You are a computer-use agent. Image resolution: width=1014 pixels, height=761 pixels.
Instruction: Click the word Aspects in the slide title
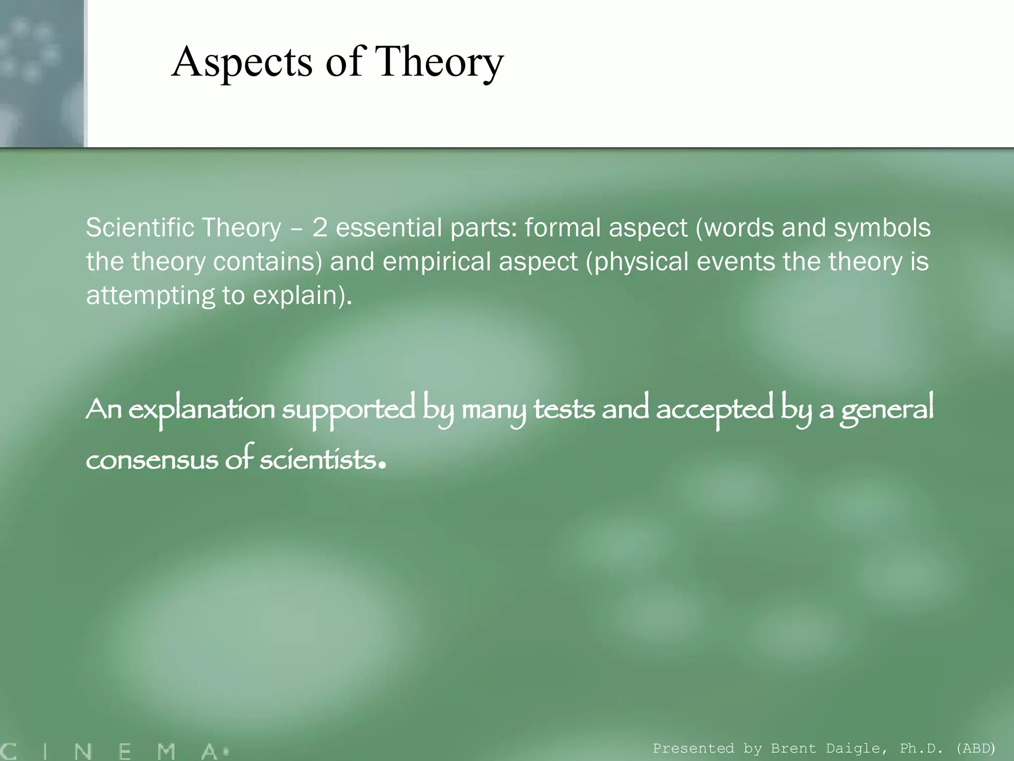tap(242, 63)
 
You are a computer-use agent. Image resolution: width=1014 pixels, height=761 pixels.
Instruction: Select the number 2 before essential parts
tap(319, 228)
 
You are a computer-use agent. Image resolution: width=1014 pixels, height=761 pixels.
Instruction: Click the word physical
tap(637, 262)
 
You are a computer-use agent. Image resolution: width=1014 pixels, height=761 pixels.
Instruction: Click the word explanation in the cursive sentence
tap(202, 410)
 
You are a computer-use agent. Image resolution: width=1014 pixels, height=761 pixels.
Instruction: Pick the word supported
tap(349, 410)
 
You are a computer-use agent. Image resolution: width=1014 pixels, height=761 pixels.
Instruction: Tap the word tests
tap(564, 410)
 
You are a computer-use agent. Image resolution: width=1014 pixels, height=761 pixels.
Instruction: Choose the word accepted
tap(714, 410)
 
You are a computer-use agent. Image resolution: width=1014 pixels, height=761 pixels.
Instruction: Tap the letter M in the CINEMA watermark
tap(166, 751)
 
